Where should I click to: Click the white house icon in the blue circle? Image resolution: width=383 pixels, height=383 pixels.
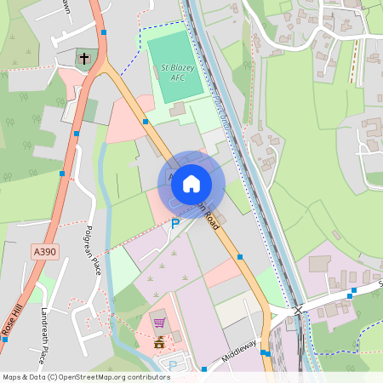point(191,183)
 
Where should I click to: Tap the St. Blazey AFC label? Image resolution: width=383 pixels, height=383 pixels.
point(173,72)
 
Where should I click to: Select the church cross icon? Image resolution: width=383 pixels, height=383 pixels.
point(83,59)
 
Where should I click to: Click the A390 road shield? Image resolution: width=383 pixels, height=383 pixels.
point(45,252)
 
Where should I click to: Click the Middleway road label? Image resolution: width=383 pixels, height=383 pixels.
point(239,348)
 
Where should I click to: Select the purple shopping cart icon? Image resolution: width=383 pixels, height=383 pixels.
point(159,322)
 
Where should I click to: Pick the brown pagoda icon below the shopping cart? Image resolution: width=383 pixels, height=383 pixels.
point(159,342)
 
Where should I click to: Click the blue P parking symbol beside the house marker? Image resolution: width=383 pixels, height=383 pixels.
point(175,224)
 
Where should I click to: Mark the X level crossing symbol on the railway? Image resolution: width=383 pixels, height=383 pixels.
point(298,312)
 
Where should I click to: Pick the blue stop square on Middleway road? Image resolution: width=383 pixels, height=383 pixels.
point(205,369)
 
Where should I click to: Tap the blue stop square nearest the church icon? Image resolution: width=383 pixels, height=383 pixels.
point(103,32)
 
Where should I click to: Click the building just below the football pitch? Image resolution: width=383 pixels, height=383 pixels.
point(178,109)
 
